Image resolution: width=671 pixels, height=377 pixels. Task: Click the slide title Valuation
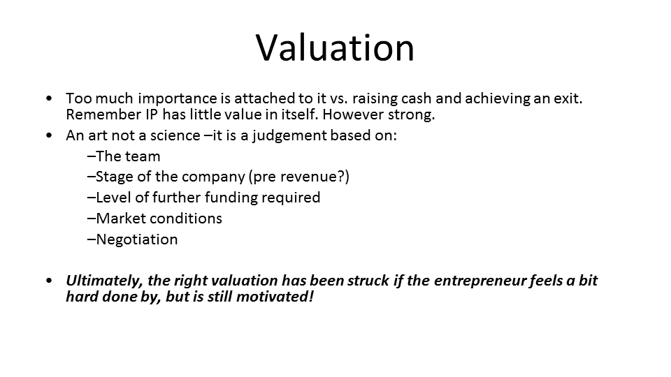coord(335,47)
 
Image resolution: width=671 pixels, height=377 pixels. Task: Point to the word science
coord(175,135)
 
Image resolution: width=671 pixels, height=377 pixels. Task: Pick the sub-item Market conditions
coord(155,219)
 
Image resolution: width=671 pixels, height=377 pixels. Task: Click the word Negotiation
coord(137,239)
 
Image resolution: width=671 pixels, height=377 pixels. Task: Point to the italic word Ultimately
coord(104,281)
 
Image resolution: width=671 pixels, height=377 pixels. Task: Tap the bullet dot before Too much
coord(49,98)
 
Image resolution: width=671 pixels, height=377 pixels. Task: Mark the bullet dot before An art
coord(49,136)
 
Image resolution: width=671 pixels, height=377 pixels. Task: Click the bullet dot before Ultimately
coord(49,281)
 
